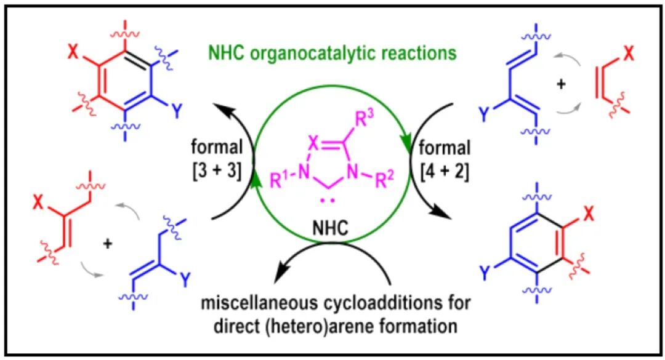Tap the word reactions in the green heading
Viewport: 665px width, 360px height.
(x=420, y=53)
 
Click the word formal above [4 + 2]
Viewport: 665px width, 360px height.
(x=438, y=149)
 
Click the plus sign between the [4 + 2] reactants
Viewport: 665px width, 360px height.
(x=560, y=84)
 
